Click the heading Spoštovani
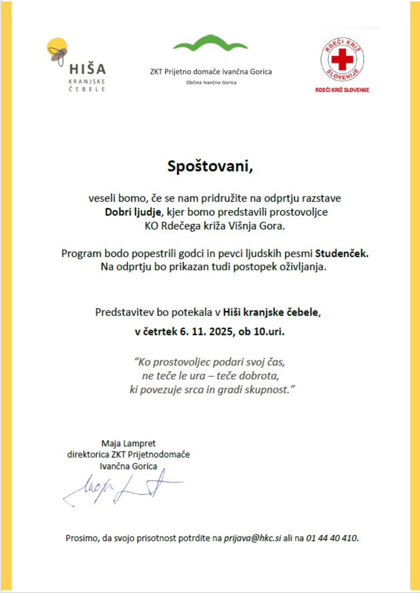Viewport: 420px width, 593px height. click(209, 166)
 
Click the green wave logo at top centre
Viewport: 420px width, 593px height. click(210, 43)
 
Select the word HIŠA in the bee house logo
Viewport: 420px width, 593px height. click(87, 68)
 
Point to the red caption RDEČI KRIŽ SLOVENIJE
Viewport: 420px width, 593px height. click(342, 89)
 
